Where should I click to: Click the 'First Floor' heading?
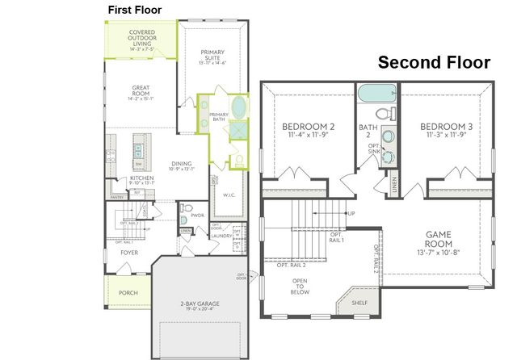click(x=135, y=9)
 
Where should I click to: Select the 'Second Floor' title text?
click(x=435, y=62)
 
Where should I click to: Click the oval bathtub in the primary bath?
click(x=240, y=107)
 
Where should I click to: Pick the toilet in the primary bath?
click(x=239, y=158)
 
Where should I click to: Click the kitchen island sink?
click(x=137, y=149)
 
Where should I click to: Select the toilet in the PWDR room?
click(x=184, y=219)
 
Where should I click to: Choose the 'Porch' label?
click(x=128, y=293)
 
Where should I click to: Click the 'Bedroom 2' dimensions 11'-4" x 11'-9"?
click(x=308, y=136)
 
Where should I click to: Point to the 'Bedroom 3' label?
click(x=446, y=127)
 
